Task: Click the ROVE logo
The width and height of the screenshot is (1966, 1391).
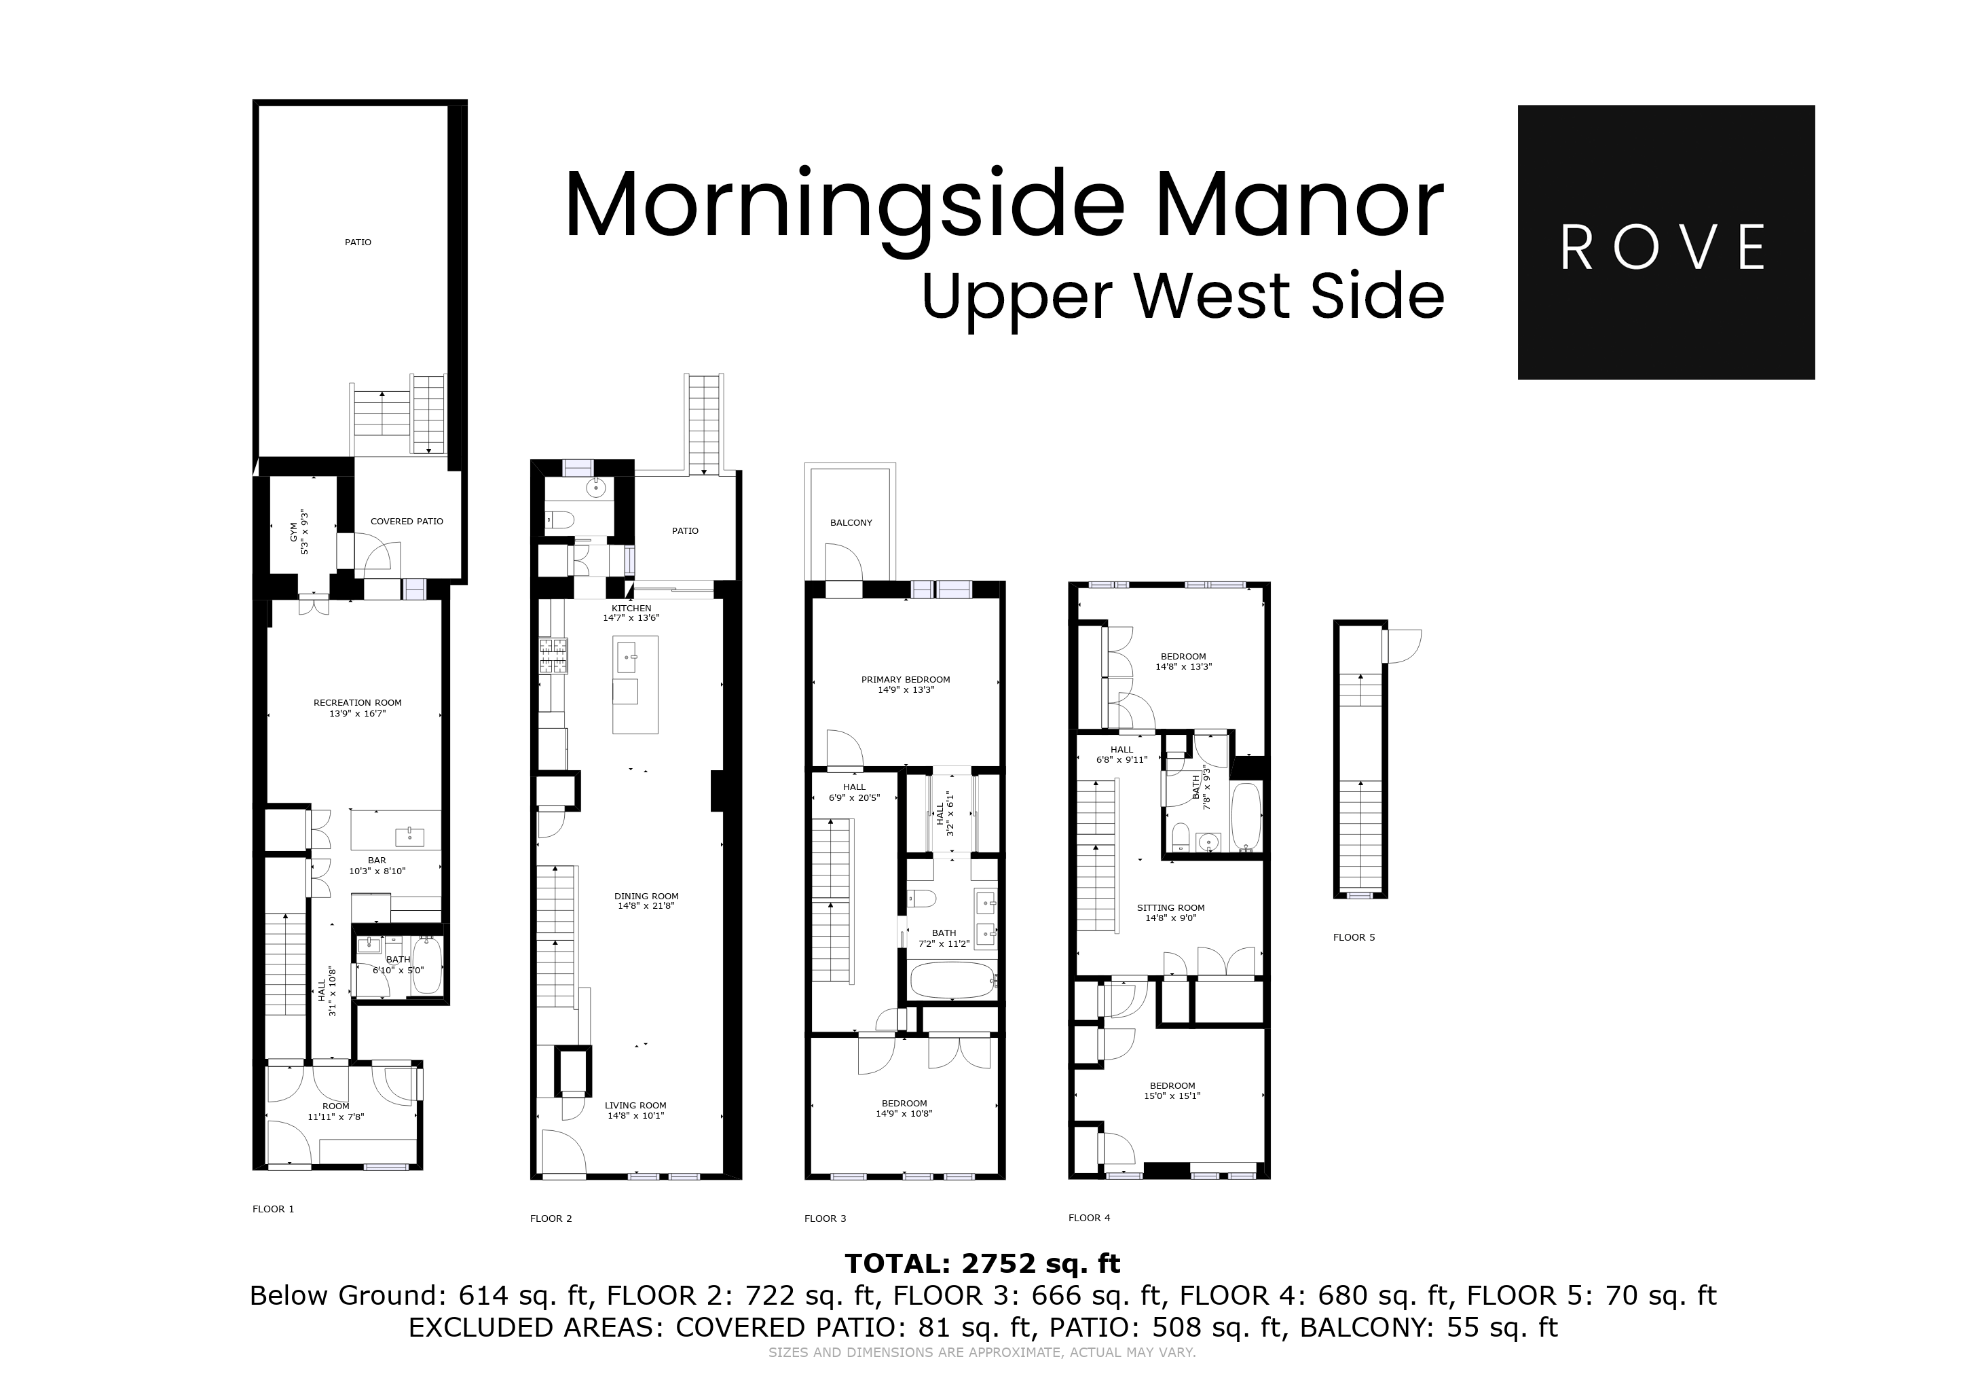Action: click(1665, 242)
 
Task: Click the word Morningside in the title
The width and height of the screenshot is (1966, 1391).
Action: click(843, 207)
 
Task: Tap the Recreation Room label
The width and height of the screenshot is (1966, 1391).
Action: click(357, 702)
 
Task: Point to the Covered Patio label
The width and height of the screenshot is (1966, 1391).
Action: click(407, 521)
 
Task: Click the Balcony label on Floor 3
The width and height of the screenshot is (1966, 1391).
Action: click(850, 522)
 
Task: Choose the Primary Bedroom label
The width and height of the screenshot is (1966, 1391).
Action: click(905, 679)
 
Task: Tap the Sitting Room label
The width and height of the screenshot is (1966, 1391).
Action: click(1170, 908)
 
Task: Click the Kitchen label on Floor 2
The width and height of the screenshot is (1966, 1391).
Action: click(631, 608)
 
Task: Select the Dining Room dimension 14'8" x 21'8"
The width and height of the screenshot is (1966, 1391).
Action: click(646, 905)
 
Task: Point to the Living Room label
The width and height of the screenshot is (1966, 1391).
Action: click(635, 1105)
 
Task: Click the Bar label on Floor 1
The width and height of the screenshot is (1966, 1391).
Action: click(377, 860)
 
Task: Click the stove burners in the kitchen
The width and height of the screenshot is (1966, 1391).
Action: click(553, 656)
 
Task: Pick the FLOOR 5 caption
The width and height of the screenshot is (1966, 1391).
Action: click(1354, 937)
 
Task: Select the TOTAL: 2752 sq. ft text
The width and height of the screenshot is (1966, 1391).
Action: click(982, 1263)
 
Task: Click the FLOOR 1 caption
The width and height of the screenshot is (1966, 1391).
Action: click(273, 1208)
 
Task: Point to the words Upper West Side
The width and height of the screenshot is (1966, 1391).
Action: click(1183, 295)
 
